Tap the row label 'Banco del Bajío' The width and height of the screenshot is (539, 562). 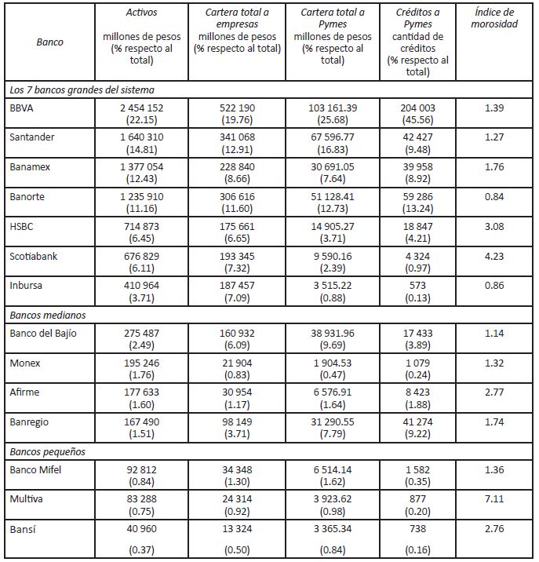click(x=42, y=332)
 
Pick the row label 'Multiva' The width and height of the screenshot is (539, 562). click(x=27, y=498)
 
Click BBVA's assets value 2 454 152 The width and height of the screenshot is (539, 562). click(x=141, y=106)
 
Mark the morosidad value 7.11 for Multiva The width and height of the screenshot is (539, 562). click(x=494, y=498)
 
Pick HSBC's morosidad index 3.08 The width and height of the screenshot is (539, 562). click(x=494, y=227)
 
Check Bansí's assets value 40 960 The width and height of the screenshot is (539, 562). click(x=141, y=527)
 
